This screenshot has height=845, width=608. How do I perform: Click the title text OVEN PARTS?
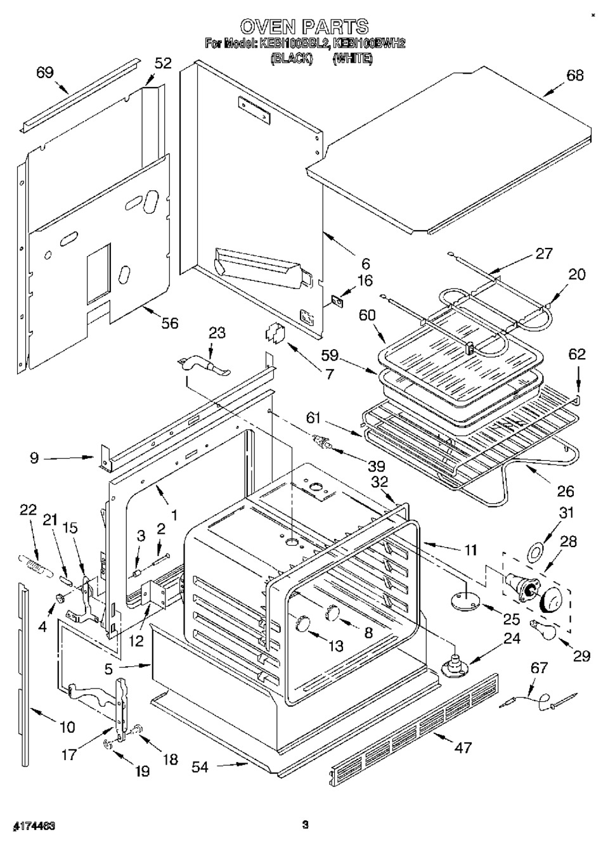pos(304,27)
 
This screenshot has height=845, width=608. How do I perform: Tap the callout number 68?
pos(576,75)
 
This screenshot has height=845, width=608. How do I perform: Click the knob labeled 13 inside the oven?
pos(302,623)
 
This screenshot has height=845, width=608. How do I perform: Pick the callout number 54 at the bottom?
pos(201,766)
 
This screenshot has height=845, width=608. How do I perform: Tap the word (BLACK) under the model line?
pos(292,58)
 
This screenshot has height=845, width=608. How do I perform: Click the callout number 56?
pos(169,323)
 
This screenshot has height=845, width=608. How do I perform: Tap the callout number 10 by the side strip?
pos(67,727)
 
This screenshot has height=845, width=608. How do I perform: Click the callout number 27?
pos(543,253)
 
